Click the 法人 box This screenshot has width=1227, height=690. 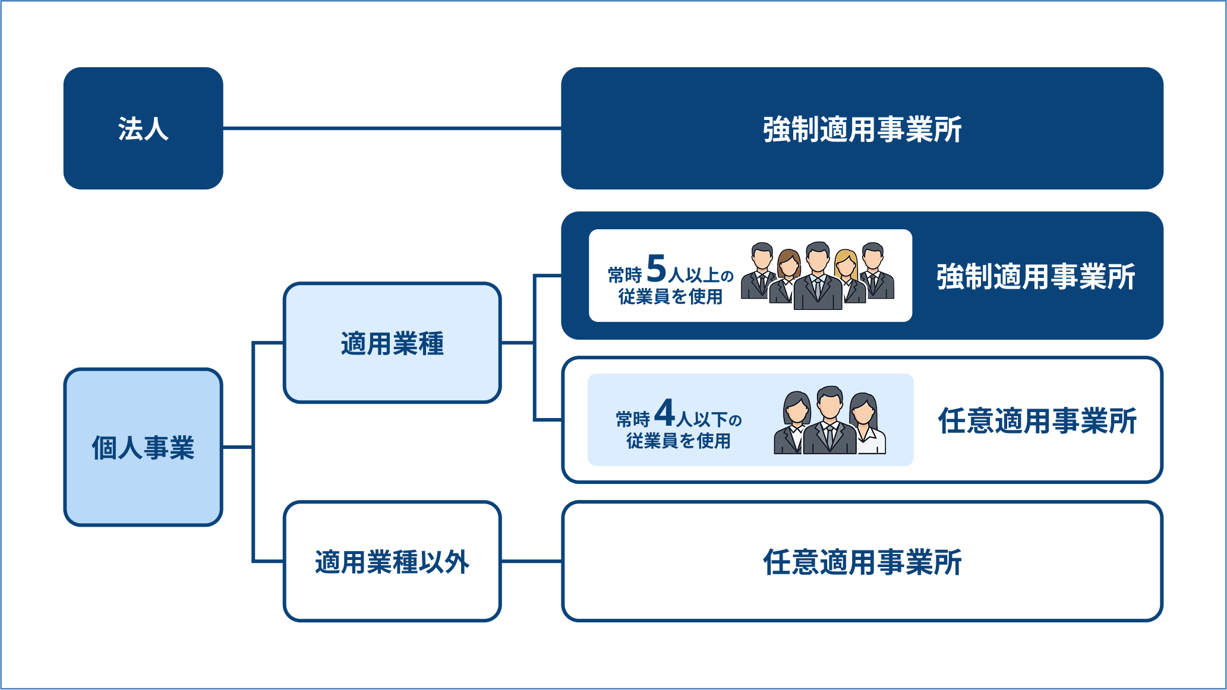coord(143,128)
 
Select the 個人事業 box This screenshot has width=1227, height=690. coord(143,447)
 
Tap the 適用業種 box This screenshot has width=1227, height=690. coord(392,343)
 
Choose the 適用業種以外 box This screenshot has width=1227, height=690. coord(392,562)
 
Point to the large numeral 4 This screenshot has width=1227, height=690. coord(664,413)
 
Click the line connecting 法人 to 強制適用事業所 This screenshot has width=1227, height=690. coord(392,128)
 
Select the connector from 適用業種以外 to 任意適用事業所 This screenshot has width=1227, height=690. coord(531,561)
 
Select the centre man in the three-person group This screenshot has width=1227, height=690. coord(829,422)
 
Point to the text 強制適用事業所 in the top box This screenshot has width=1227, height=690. coord(862,129)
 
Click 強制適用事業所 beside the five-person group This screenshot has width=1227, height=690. coord(1036,277)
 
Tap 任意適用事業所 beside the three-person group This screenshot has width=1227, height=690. coord(1037,421)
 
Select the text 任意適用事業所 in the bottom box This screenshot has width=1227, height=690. coord(862,562)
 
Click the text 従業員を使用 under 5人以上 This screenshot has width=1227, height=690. coord(670,297)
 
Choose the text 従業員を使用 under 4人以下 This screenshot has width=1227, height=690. coord(678,441)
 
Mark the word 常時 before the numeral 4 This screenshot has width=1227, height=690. coord(633,420)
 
